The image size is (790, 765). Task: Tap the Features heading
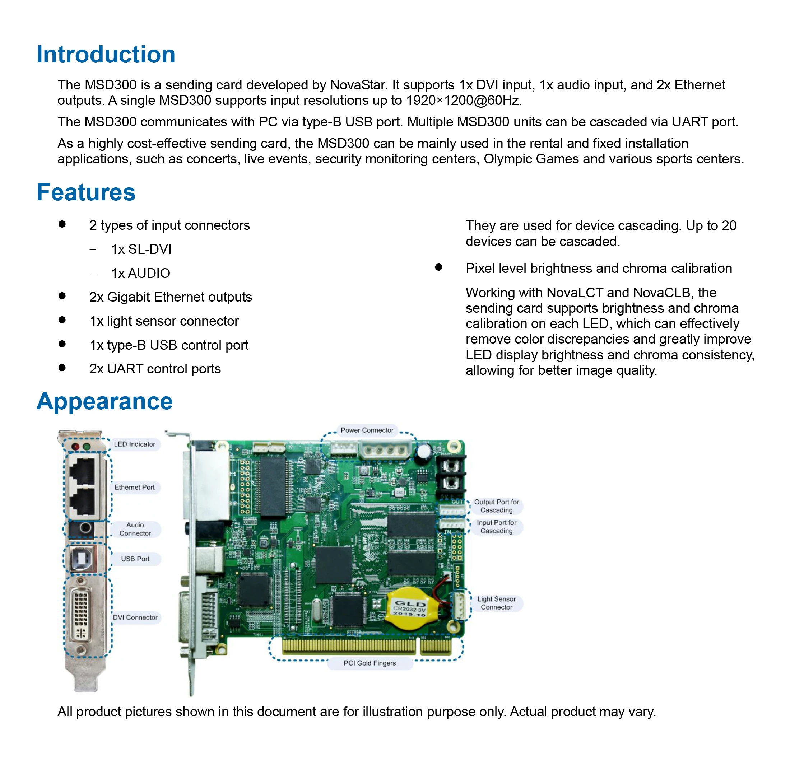point(86,192)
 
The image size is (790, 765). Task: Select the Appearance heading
point(104,401)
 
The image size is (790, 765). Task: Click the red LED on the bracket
point(75,446)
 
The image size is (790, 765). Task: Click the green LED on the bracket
point(86,446)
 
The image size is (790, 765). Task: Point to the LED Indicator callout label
point(134,444)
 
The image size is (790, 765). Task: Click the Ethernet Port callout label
point(134,487)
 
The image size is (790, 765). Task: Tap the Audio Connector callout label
point(135,529)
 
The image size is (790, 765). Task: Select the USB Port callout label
point(135,559)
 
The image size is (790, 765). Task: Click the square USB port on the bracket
point(82,559)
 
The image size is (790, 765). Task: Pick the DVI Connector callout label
point(135,617)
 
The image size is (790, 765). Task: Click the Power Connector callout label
point(367,430)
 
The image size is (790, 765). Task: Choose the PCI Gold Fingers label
point(370,663)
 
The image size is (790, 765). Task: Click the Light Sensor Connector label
point(496,603)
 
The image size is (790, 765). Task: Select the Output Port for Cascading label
point(496,506)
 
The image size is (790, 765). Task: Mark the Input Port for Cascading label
point(496,527)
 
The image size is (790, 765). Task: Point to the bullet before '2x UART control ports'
point(62,368)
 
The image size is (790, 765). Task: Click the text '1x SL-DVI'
point(141,249)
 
